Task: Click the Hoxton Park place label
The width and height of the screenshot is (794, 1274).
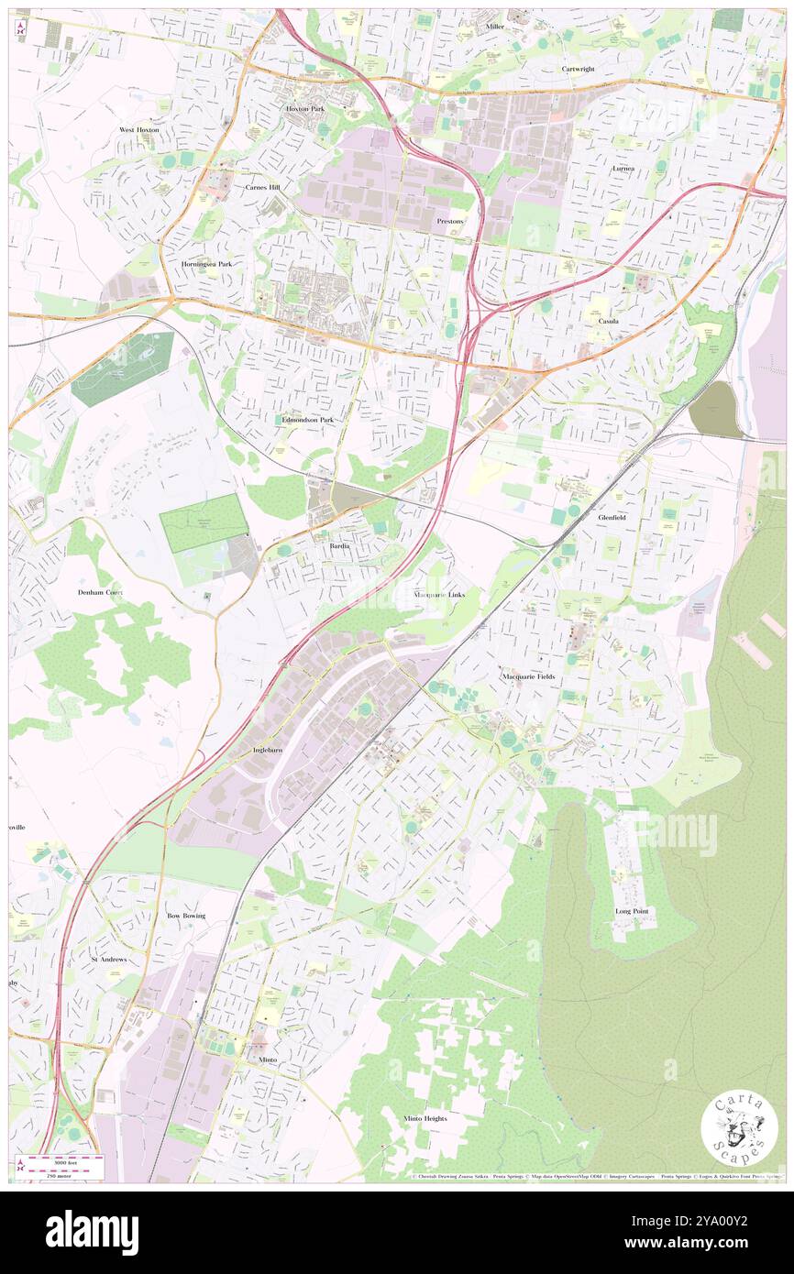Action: (305, 108)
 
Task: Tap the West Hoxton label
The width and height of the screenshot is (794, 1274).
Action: (139, 130)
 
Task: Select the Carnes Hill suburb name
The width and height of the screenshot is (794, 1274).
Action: (262, 186)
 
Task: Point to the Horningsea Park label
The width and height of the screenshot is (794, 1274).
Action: (206, 264)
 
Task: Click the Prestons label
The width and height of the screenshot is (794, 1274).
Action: (450, 221)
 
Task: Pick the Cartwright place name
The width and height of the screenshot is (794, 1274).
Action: (579, 69)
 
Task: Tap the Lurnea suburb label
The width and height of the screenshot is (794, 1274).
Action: (623, 169)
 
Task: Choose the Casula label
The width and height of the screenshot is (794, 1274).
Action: (610, 322)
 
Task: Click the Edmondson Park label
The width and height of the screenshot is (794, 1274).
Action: (308, 420)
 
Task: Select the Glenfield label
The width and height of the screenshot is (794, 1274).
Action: (612, 518)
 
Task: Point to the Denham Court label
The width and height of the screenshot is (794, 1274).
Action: (101, 593)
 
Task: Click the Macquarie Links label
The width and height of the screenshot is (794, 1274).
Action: (439, 595)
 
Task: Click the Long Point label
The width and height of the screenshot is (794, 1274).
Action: (632, 912)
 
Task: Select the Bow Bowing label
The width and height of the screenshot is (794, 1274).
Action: (186, 916)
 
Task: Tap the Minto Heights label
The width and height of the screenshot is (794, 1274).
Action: (425, 1118)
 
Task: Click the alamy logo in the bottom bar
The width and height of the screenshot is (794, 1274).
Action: (92, 1232)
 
